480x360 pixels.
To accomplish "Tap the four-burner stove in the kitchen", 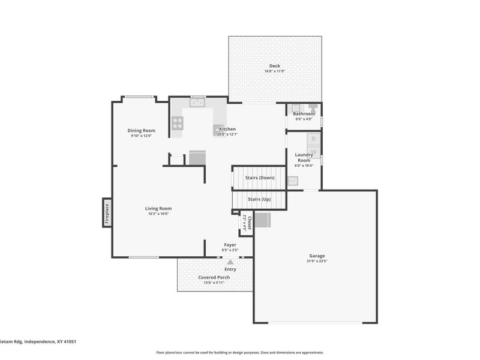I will [x=178, y=122].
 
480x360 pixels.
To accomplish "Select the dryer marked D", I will [x=314, y=139].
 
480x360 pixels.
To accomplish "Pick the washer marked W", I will [x=314, y=151].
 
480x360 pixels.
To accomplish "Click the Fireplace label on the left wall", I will [x=107, y=214].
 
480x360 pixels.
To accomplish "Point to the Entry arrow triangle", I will [x=230, y=262].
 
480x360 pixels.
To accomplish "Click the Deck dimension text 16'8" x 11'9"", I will [x=274, y=71].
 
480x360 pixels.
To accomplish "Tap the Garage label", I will [x=317, y=256].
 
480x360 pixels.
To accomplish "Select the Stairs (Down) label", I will [x=259, y=178].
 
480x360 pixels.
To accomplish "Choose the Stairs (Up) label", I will [x=259, y=199].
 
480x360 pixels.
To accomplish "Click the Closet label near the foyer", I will [x=247, y=224].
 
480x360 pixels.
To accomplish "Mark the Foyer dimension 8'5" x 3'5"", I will [x=230, y=250].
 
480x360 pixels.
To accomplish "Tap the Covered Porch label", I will [x=214, y=277].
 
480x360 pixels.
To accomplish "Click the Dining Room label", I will [x=141, y=130].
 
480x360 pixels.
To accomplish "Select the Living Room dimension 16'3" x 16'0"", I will [x=158, y=214].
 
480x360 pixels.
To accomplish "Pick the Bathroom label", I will [x=304, y=113].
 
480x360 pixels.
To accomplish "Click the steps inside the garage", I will [x=263, y=221].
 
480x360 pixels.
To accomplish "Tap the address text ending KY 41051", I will [x=38, y=341].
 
